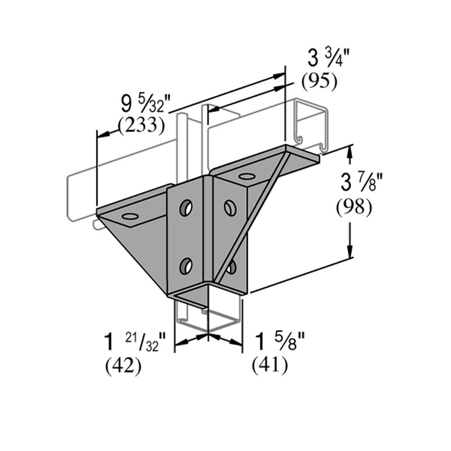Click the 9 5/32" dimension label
(146, 105)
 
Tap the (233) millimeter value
(141, 125)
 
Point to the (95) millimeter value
(319, 82)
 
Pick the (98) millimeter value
(353, 208)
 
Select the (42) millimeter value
(123, 366)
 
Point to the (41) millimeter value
(269, 366)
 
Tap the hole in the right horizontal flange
(246, 176)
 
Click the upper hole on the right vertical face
(229, 208)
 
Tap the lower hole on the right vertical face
(231, 266)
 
